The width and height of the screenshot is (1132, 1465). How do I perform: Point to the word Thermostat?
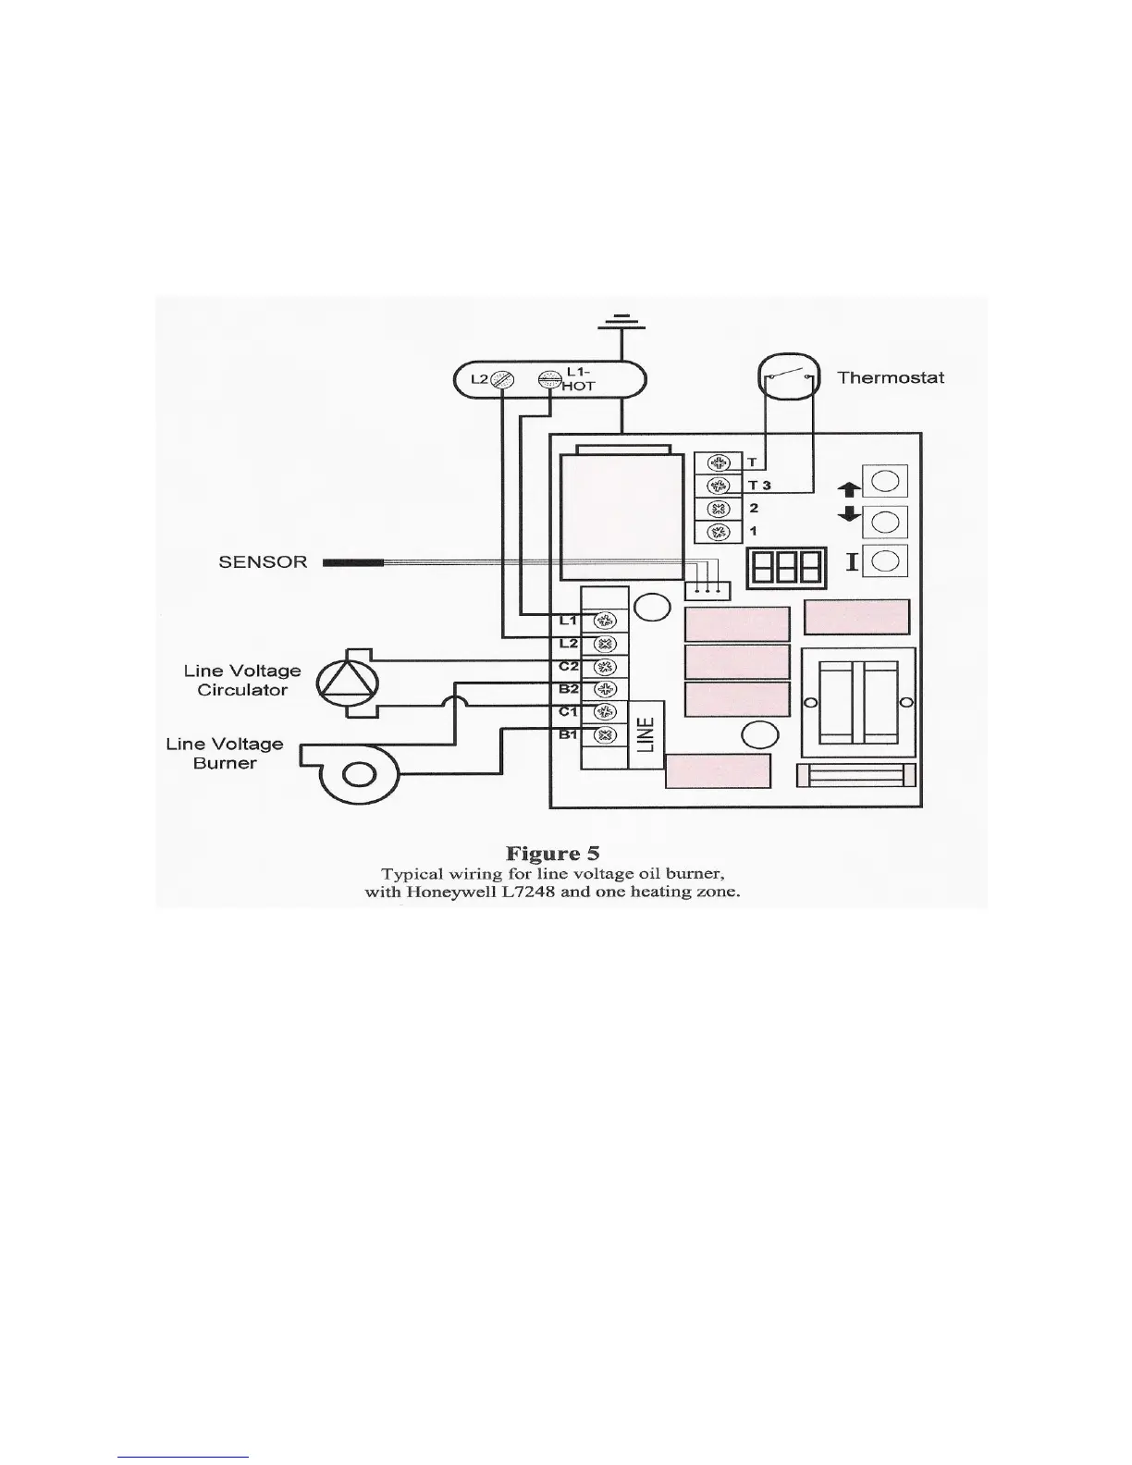pyautogui.click(x=891, y=377)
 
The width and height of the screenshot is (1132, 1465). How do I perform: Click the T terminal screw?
pyautogui.click(x=717, y=462)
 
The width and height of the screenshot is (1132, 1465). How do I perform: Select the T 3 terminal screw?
pyautogui.click(x=717, y=486)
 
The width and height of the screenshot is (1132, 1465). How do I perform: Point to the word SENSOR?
pyautogui.click(x=263, y=561)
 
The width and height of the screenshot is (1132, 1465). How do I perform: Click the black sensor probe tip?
pyautogui.click(x=352, y=561)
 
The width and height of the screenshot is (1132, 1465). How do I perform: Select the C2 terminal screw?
pyautogui.click(x=604, y=667)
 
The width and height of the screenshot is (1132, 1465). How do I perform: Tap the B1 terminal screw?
pyautogui.click(x=604, y=736)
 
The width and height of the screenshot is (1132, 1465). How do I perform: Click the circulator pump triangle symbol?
pyautogui.click(x=348, y=683)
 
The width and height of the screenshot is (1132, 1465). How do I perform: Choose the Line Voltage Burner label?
pyautogui.click(x=225, y=753)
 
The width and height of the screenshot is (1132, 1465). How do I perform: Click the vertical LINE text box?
pyautogui.click(x=647, y=734)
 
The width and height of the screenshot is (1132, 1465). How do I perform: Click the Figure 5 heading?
pyautogui.click(x=552, y=853)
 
